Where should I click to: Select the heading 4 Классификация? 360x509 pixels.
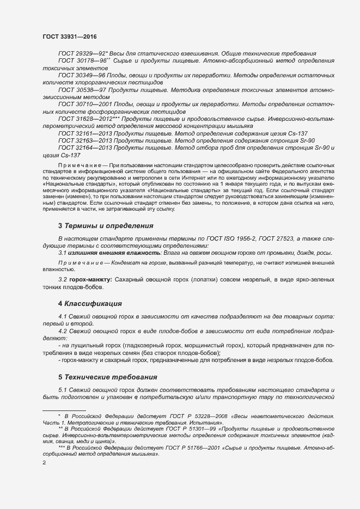coord(90,303)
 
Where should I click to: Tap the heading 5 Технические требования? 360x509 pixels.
coord(108,377)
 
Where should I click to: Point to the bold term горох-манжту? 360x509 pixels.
coord(90,279)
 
